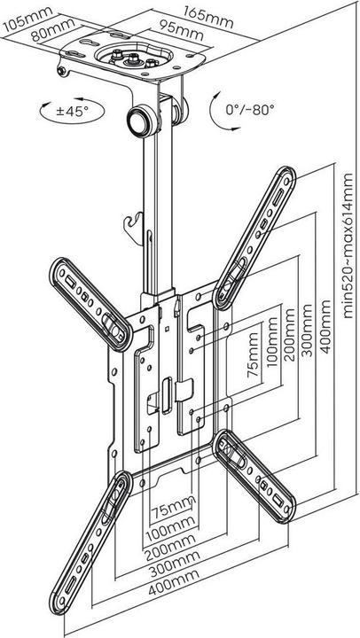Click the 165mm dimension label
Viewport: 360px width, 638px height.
pyautogui.click(x=208, y=17)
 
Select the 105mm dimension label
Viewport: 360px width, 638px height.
pyautogui.click(x=27, y=19)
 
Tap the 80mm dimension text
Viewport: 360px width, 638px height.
pyautogui.click(x=53, y=29)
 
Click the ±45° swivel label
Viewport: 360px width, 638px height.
pyautogui.click(x=73, y=111)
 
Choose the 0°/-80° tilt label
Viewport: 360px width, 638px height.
pyautogui.click(x=250, y=110)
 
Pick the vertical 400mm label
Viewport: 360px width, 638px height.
pyautogui.click(x=325, y=327)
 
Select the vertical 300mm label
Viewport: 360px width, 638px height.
pyautogui.click(x=307, y=331)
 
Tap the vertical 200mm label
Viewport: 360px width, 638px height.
pyautogui.click(x=289, y=335)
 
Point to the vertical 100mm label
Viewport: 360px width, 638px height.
pyautogui.click(x=272, y=342)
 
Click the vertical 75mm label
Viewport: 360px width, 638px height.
pyautogui.click(x=254, y=354)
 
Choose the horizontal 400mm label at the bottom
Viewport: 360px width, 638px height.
pyautogui.click(x=174, y=583)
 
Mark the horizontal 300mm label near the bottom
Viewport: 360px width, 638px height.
pyautogui.click(x=174, y=564)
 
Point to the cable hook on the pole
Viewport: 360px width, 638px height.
pyautogui.click(x=135, y=228)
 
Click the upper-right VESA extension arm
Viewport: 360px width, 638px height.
pyautogui.click(x=254, y=237)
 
